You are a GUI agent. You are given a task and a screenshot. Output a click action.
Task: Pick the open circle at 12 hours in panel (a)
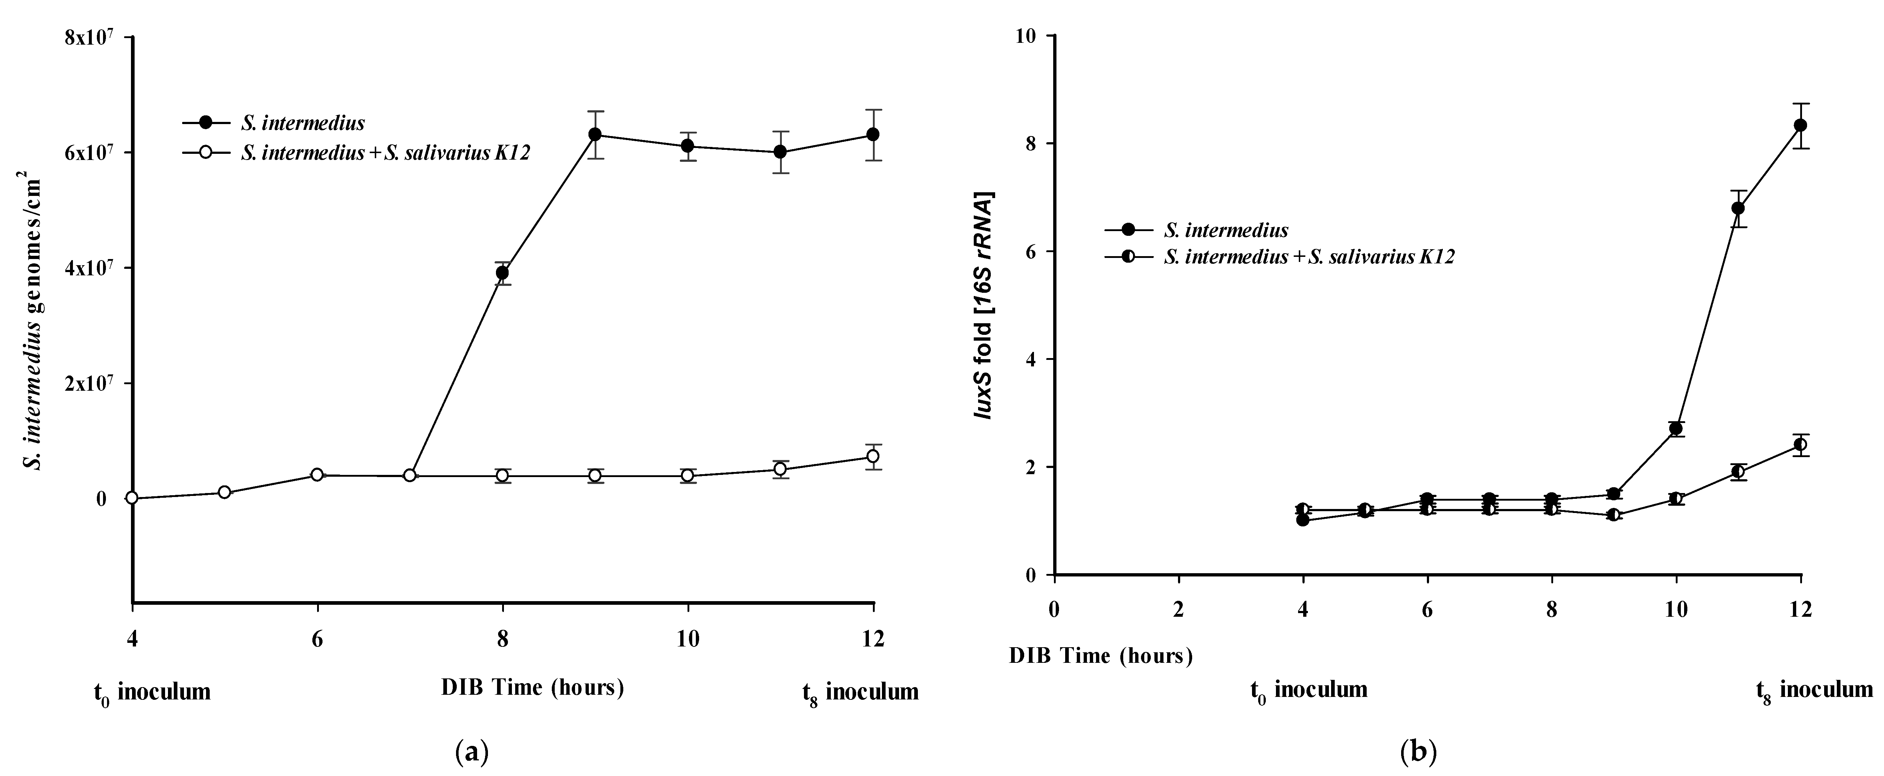coord(873,456)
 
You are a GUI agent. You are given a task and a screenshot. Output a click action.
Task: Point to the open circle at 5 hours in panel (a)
coord(225,492)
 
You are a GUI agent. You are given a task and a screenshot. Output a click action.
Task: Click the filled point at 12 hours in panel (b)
coord(1801,125)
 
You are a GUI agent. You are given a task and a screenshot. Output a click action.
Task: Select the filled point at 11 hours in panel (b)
coord(1739,208)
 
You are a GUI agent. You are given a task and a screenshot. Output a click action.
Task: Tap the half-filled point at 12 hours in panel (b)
coord(1801,444)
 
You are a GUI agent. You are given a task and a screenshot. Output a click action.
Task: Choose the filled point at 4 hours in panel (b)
coord(1302,520)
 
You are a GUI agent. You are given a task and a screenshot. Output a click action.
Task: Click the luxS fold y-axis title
coord(982,306)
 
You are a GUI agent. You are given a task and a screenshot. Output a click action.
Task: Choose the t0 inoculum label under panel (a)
coord(152,691)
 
